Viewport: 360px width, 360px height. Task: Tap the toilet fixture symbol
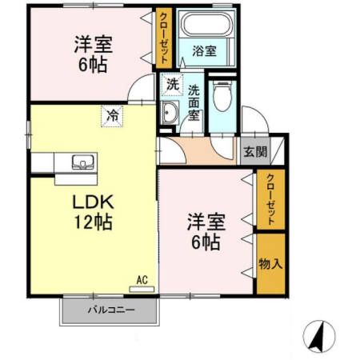pyautogui.click(x=222, y=98)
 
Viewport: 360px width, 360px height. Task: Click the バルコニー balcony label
pyautogui.click(x=110, y=310)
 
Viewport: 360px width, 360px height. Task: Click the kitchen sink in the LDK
pyautogui.click(x=82, y=162)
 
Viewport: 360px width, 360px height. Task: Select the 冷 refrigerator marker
pyautogui.click(x=113, y=116)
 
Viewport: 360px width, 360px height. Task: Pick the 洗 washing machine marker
pyautogui.click(x=171, y=83)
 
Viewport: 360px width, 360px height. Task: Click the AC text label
pyautogui.click(x=142, y=280)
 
